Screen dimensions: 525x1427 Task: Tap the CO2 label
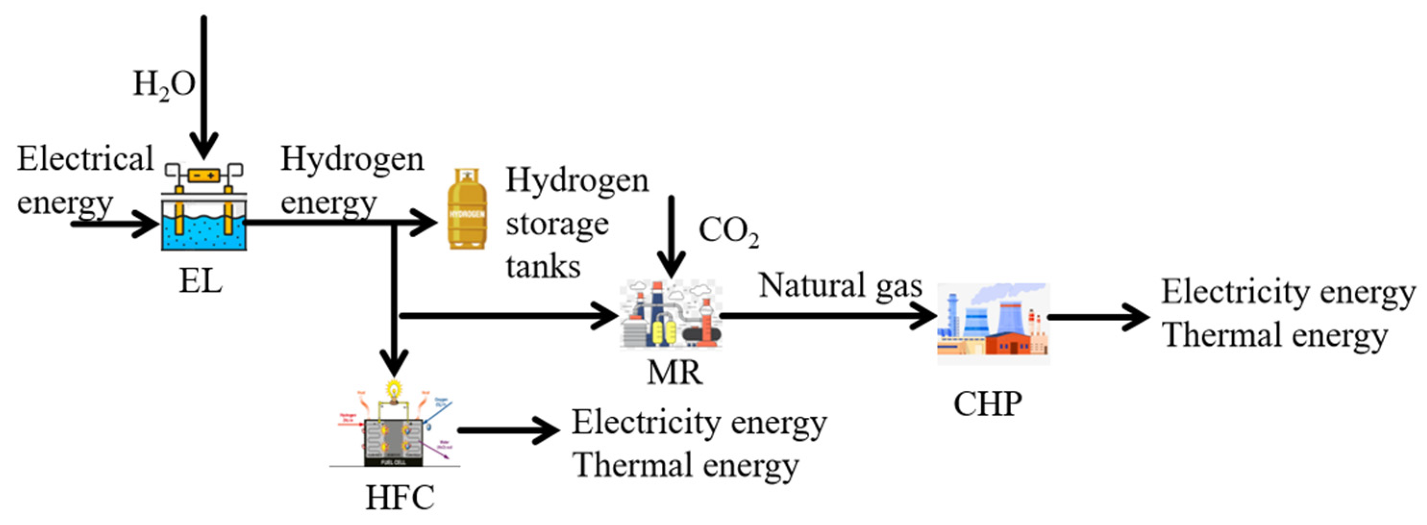pos(728,232)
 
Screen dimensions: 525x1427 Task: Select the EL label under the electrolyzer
pos(200,282)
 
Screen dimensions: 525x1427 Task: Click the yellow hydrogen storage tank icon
pos(467,210)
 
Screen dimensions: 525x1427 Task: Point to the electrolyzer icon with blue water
pos(204,207)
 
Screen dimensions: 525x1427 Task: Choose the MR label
pos(674,373)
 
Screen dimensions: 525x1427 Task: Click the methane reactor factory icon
pos(671,315)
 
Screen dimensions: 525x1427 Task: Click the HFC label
pos(399,497)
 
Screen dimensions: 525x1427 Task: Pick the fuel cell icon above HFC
pos(395,427)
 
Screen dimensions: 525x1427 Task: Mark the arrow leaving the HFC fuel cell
pos(508,430)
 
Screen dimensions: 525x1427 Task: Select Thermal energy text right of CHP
pos(1274,336)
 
